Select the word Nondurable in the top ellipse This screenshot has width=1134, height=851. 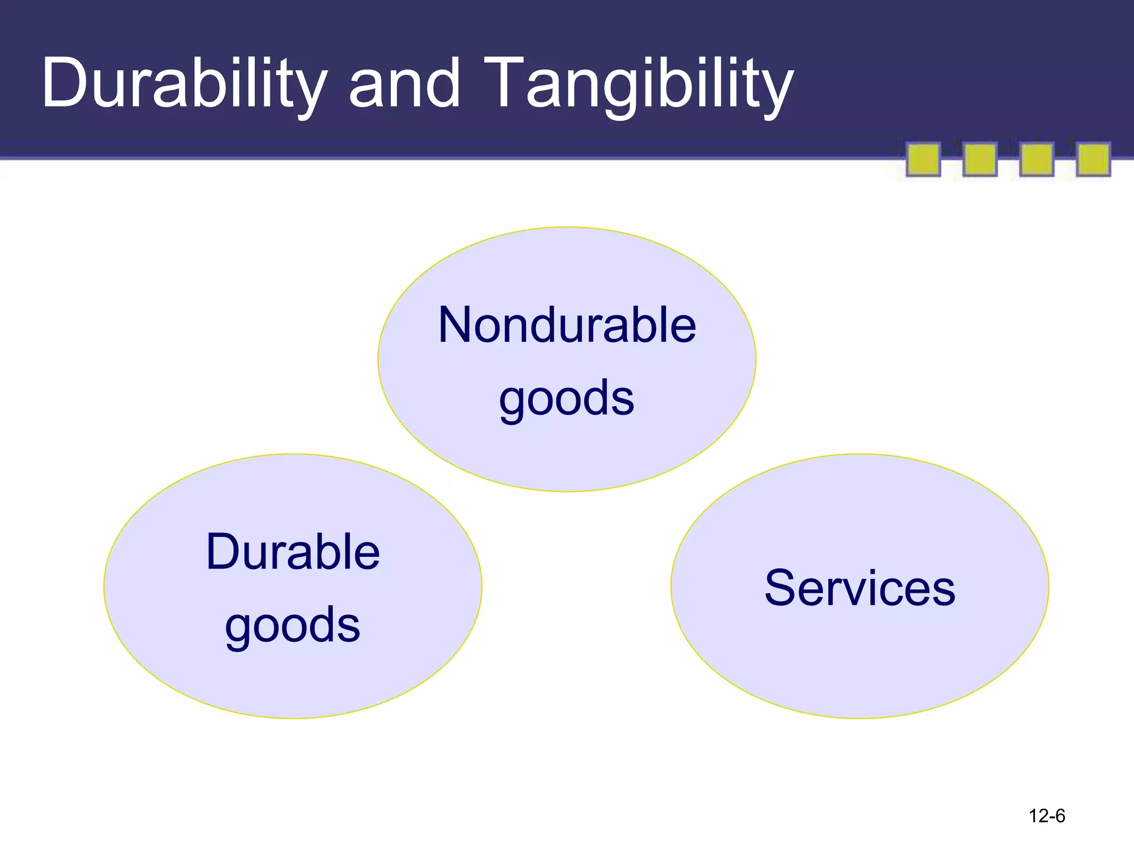coord(567,325)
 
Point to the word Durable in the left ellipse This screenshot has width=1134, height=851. coord(293,552)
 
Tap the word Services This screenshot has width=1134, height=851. coord(860,588)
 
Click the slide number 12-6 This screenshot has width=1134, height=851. coord(1047,816)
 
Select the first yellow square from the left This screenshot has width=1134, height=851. coord(923,160)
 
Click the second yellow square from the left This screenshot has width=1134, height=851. coord(980,160)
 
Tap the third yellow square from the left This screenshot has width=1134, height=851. coord(1036,160)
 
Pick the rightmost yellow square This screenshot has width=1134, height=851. coord(1093,160)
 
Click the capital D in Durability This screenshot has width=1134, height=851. coord(64,83)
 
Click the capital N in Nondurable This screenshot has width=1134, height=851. coord(457,325)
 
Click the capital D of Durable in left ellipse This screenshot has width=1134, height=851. coord(224,552)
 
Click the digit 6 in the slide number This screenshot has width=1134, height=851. coord(1059,816)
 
